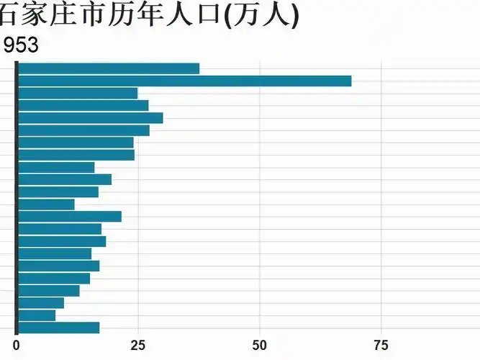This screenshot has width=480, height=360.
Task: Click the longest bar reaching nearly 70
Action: point(184,81)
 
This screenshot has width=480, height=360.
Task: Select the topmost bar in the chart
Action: point(108,68)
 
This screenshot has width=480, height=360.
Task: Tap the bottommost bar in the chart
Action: point(58,328)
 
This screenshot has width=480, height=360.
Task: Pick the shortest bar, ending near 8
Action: point(36,315)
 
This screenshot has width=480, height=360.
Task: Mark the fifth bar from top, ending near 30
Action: point(90,118)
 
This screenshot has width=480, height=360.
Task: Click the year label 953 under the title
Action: point(21,45)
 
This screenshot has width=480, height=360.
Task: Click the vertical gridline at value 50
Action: point(260,216)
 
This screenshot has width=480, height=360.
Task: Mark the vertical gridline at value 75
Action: point(381,216)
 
